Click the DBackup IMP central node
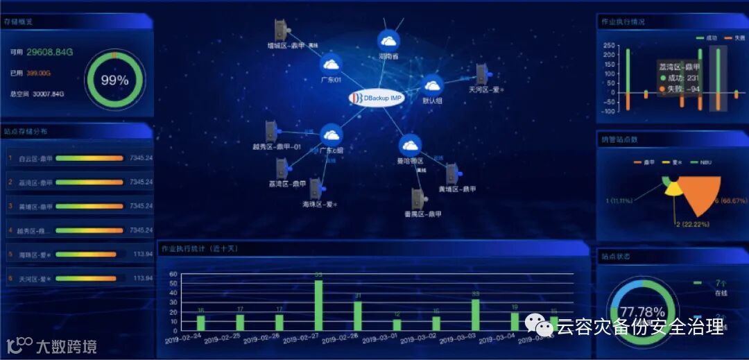(x=376, y=98)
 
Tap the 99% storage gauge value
(x=114, y=80)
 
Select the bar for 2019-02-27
(x=318, y=305)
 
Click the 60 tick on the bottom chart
(x=173, y=274)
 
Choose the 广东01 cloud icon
(x=332, y=65)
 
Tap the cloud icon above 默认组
(x=433, y=85)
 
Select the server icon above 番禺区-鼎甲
(x=417, y=199)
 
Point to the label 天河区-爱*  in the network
(x=485, y=89)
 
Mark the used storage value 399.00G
(x=39, y=72)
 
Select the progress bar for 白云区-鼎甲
(x=89, y=158)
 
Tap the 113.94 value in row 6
(x=142, y=278)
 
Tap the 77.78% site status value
(x=642, y=311)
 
